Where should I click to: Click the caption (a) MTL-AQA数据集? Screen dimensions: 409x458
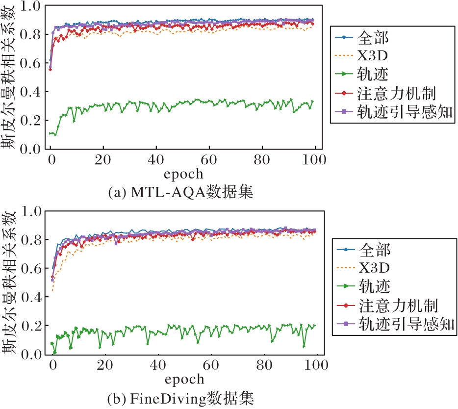point(180,192)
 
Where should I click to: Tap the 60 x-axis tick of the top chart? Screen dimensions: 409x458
point(209,160)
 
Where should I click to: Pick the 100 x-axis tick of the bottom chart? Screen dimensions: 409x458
point(315,365)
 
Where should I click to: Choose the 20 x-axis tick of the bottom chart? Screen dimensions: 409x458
point(104,365)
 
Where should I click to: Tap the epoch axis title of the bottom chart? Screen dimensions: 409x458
point(183,379)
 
